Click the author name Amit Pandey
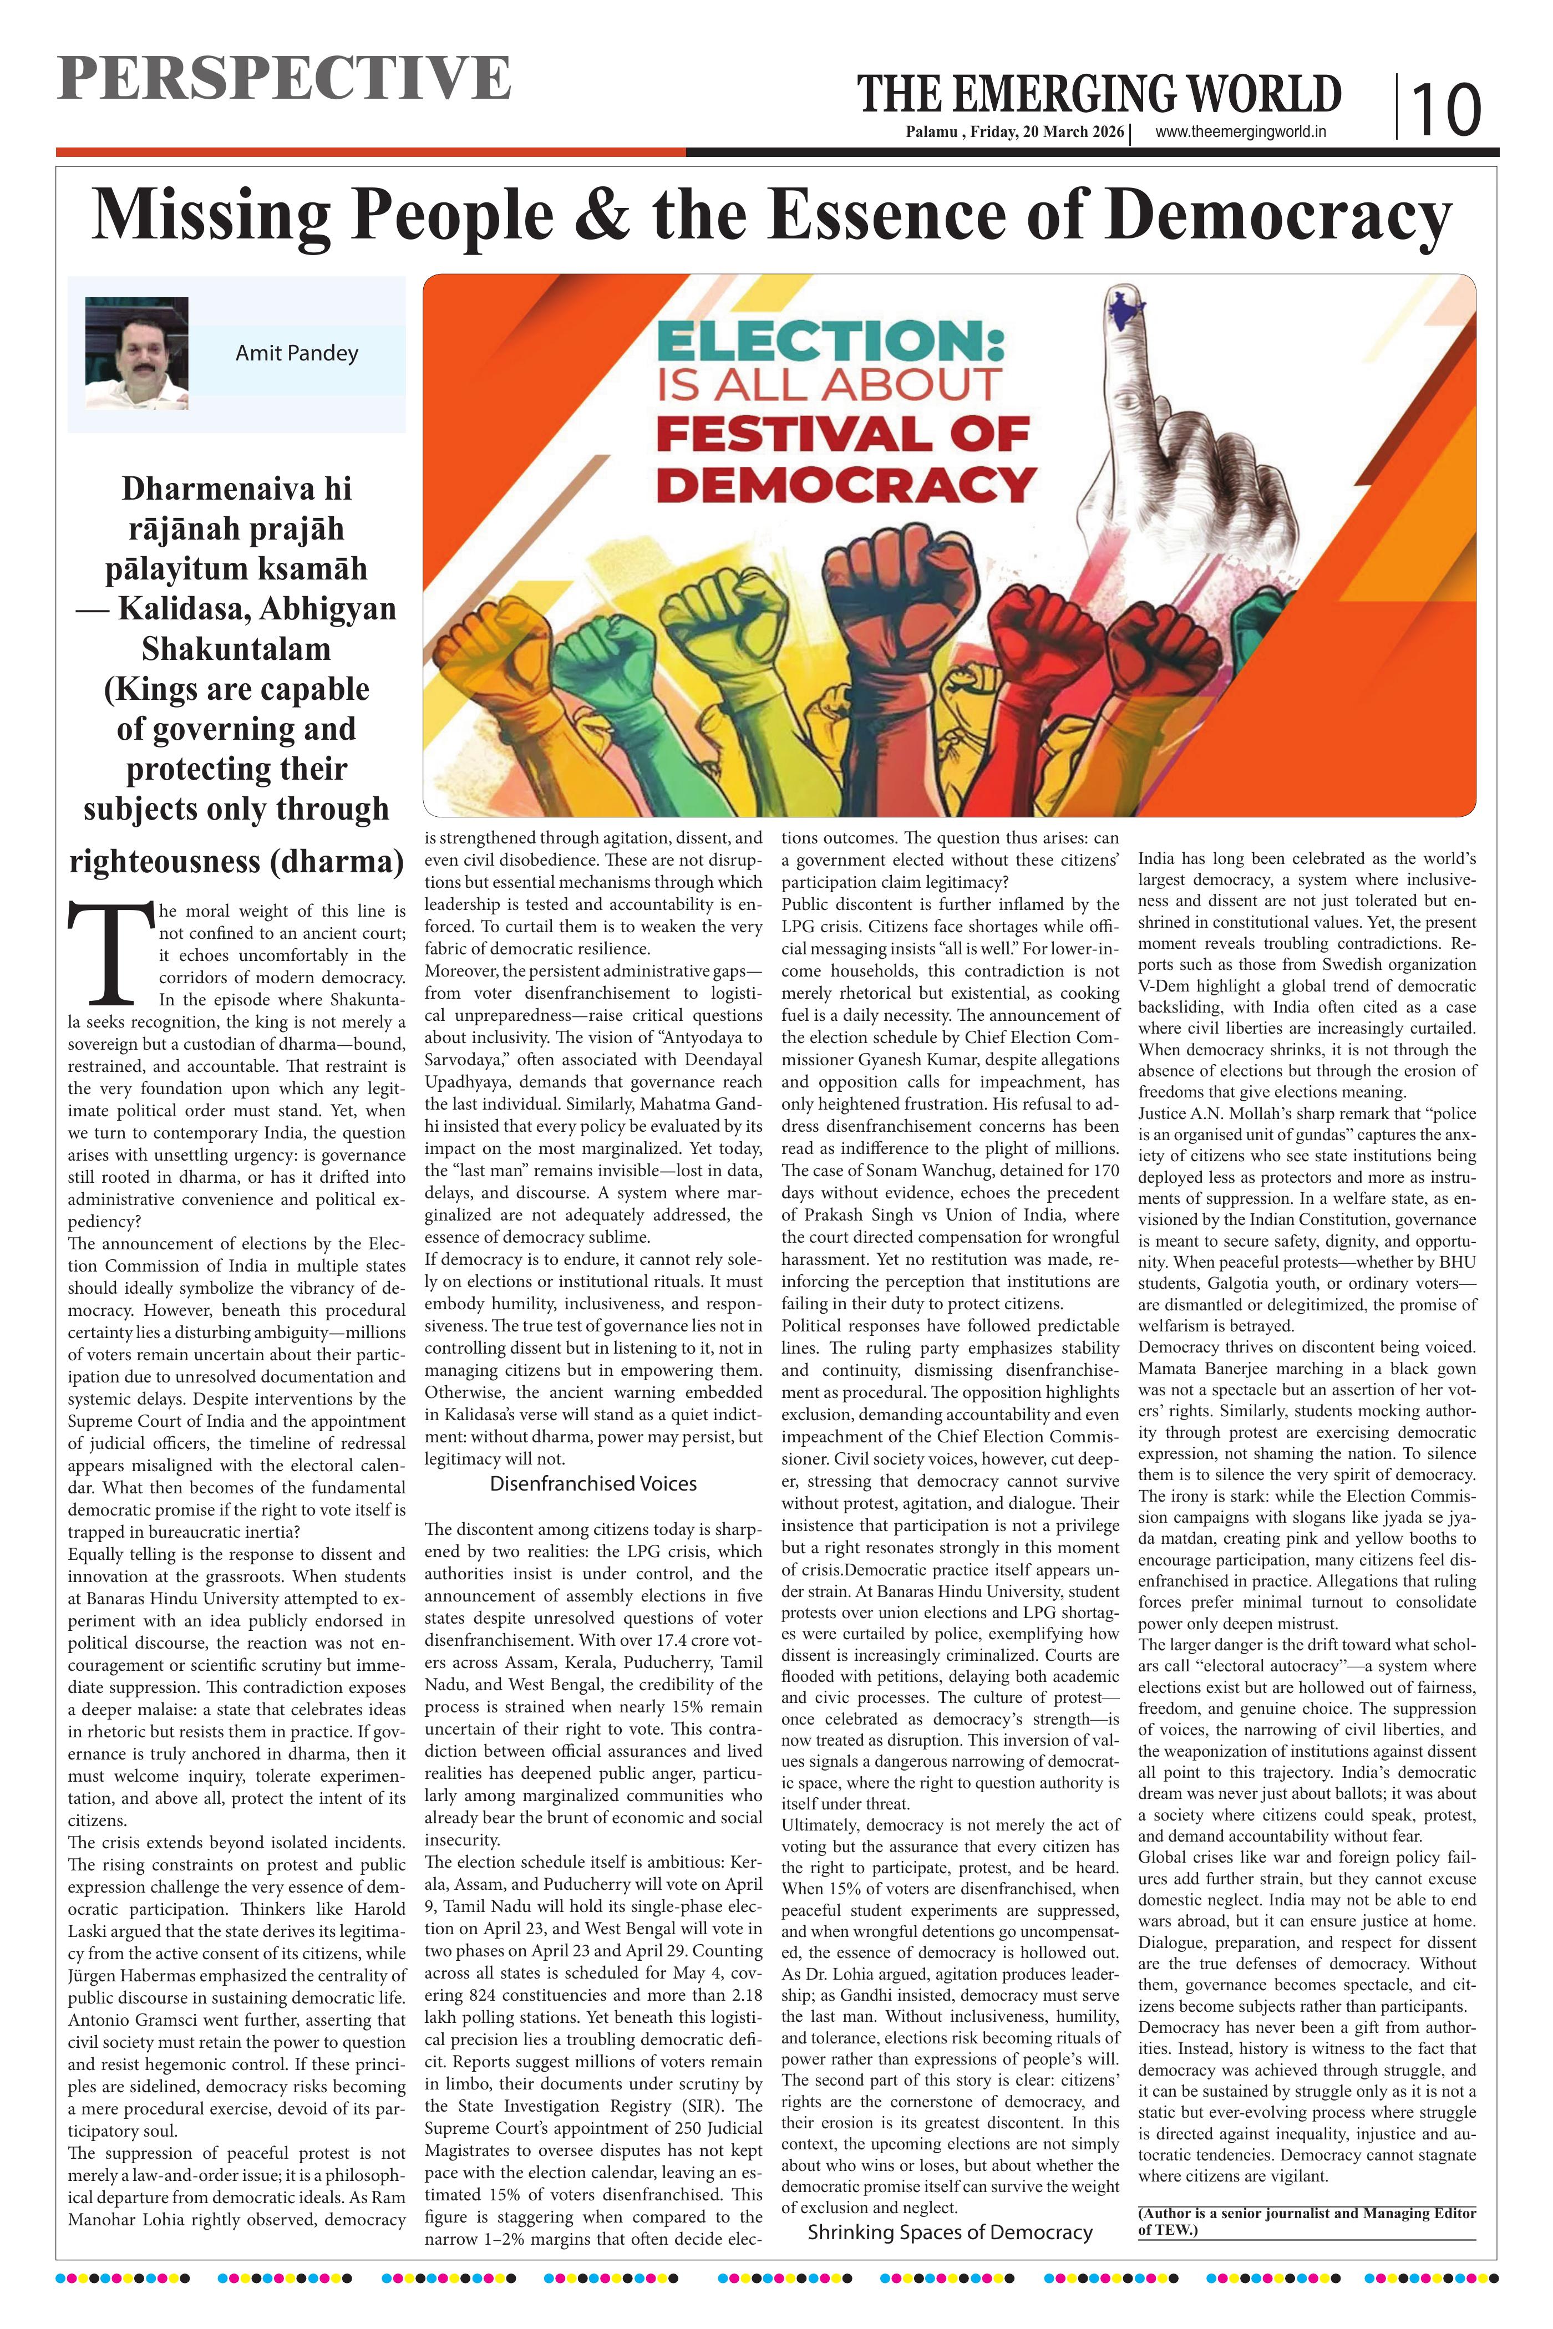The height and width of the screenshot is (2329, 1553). [x=296, y=354]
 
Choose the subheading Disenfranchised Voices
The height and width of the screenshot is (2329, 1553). [x=593, y=1483]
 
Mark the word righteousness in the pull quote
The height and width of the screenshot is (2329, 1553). [x=164, y=862]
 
